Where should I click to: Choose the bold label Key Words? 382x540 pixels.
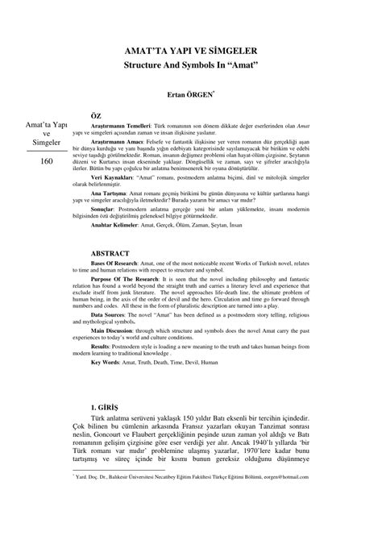coord(107,363)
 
